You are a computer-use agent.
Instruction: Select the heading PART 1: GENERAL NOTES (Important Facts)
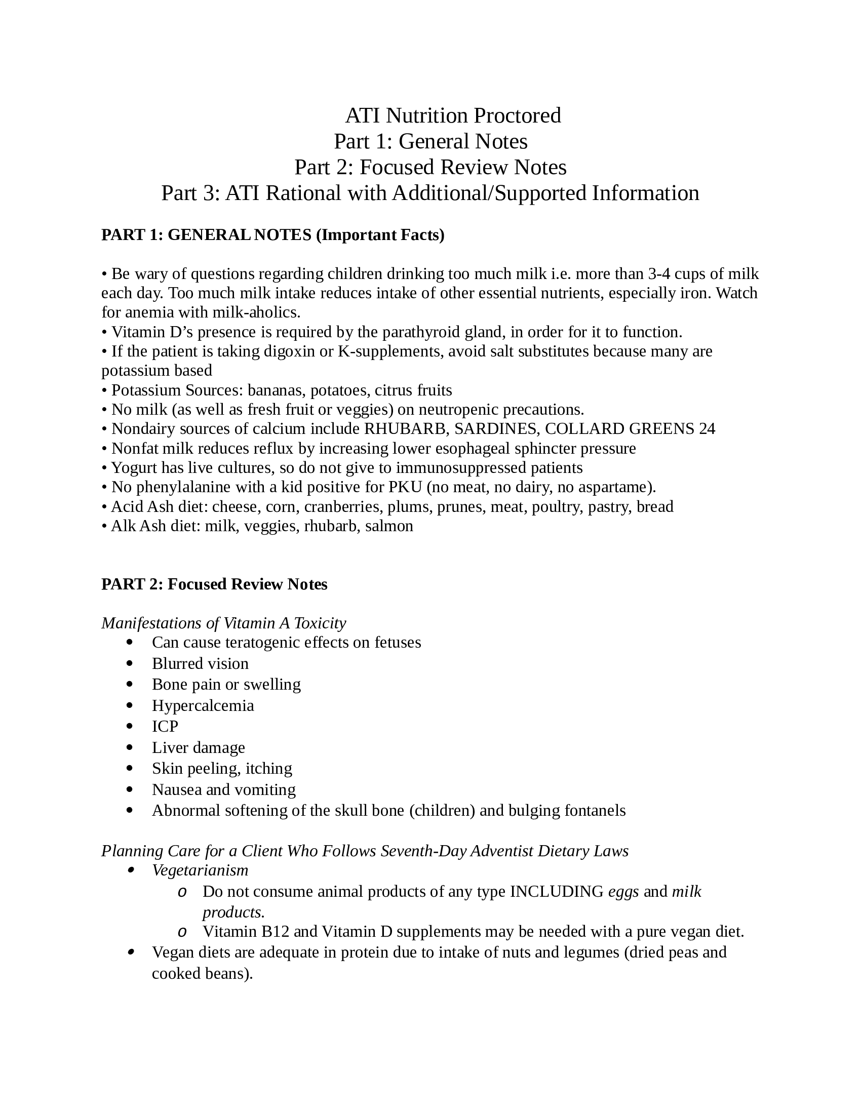pyautogui.click(x=273, y=235)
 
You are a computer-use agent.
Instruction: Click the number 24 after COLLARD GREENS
pyautogui.click(x=707, y=429)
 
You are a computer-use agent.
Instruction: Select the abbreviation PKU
pyautogui.click(x=405, y=487)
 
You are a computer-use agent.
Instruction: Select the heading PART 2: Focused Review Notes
pyautogui.click(x=214, y=584)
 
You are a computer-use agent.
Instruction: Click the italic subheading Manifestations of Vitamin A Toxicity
pyautogui.click(x=223, y=623)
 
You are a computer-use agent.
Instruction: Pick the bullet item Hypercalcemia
pyautogui.click(x=203, y=706)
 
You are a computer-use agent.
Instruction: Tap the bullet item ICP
pyautogui.click(x=165, y=726)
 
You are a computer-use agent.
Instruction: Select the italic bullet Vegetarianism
pyautogui.click(x=200, y=870)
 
